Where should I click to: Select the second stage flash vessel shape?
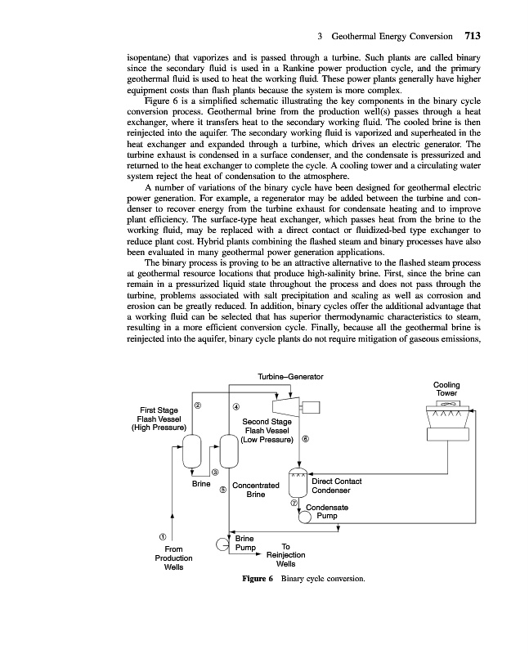228,450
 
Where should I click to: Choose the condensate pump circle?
305,517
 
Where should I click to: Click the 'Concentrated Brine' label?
256,490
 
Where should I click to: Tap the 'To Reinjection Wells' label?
285,556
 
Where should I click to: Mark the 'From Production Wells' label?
173,558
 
